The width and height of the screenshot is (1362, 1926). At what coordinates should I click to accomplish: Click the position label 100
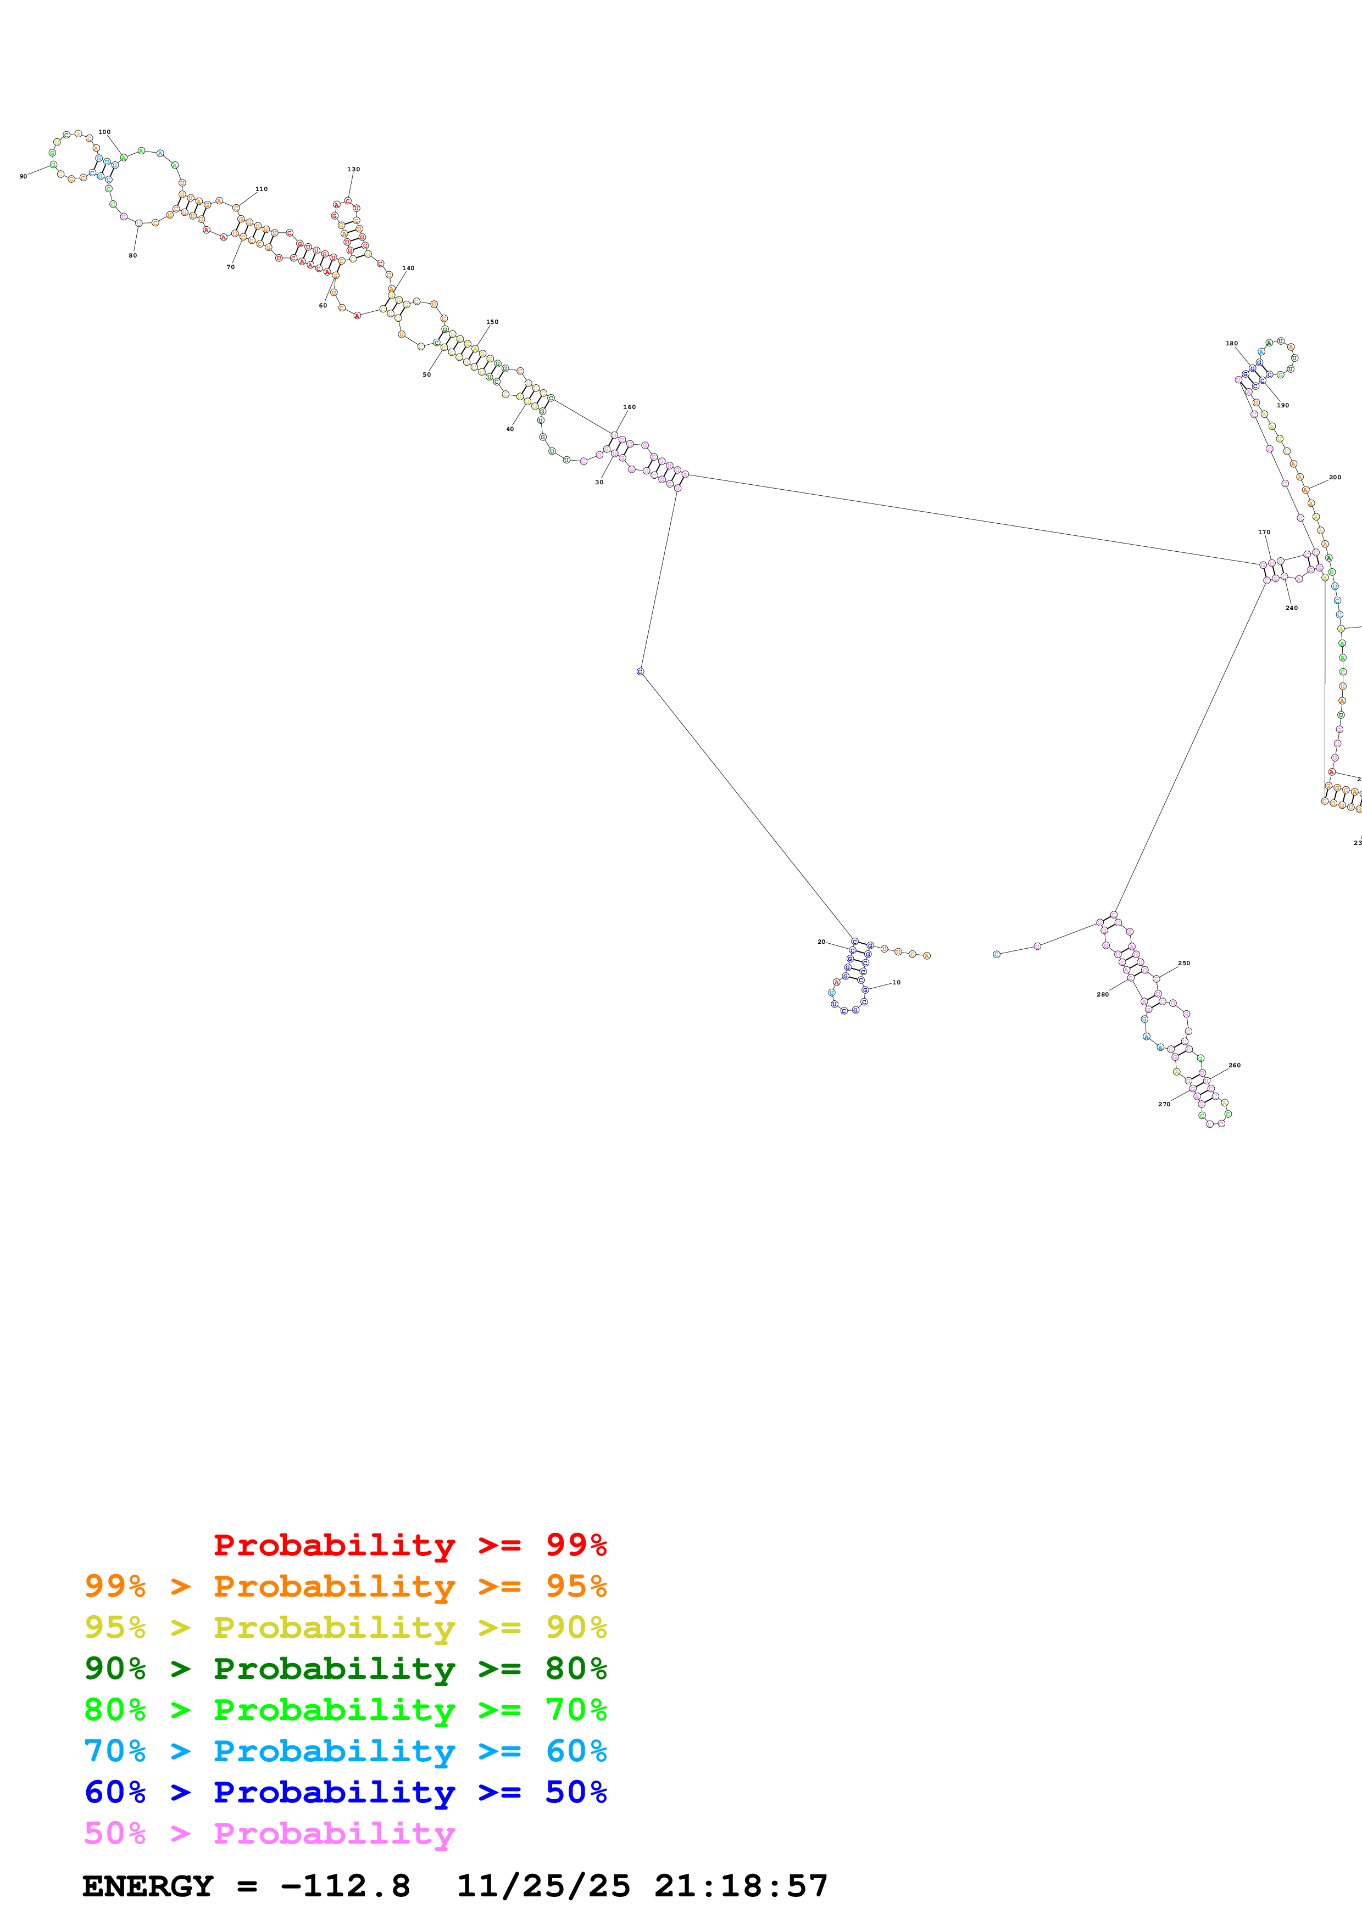(x=104, y=132)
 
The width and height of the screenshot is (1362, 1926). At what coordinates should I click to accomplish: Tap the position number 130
(x=353, y=170)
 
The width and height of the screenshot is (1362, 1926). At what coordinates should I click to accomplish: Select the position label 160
(x=629, y=407)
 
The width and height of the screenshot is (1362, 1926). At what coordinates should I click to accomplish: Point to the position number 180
(x=1231, y=343)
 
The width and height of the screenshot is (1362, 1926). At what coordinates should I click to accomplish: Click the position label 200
(x=1335, y=477)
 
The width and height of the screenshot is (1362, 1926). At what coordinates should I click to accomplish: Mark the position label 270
(x=1164, y=1104)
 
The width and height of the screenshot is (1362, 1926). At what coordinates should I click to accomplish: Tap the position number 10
(x=896, y=982)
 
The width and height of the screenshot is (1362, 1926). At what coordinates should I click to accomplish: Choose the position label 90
(x=24, y=176)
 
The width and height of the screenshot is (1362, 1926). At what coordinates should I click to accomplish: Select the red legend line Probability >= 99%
(x=409, y=1544)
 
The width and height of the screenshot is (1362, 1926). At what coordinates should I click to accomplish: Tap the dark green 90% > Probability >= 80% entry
(x=345, y=1669)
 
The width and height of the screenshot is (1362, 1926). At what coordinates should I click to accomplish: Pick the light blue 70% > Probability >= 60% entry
(x=345, y=1751)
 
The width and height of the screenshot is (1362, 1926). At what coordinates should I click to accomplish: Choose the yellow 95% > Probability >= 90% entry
(x=345, y=1627)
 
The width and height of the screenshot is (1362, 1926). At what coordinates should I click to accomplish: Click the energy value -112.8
(x=345, y=1886)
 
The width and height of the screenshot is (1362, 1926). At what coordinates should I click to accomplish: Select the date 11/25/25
(x=543, y=1886)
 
